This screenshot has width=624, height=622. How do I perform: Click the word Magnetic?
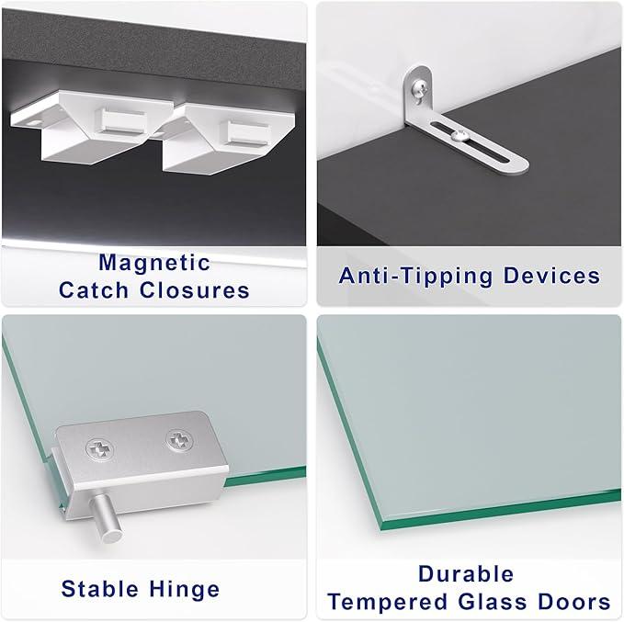[x=154, y=263]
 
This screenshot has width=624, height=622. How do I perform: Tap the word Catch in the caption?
[x=94, y=289]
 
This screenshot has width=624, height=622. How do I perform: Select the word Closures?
[x=195, y=289]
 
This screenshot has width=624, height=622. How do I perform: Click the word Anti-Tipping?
[x=416, y=277]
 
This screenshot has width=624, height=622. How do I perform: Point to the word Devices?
[x=551, y=276]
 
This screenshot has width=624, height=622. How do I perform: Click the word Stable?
[x=99, y=589]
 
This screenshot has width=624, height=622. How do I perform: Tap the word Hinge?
[x=184, y=589]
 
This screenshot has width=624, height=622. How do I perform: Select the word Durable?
[x=466, y=574]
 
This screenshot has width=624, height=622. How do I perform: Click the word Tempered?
[x=388, y=602]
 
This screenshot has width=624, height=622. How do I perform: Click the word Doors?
[x=574, y=601]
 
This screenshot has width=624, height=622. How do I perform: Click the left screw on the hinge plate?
[x=99, y=449]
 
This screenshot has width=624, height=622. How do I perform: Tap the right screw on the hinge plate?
[x=179, y=440]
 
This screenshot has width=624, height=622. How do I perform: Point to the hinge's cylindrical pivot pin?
[x=107, y=518]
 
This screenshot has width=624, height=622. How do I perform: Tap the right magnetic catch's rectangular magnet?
[x=246, y=133]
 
